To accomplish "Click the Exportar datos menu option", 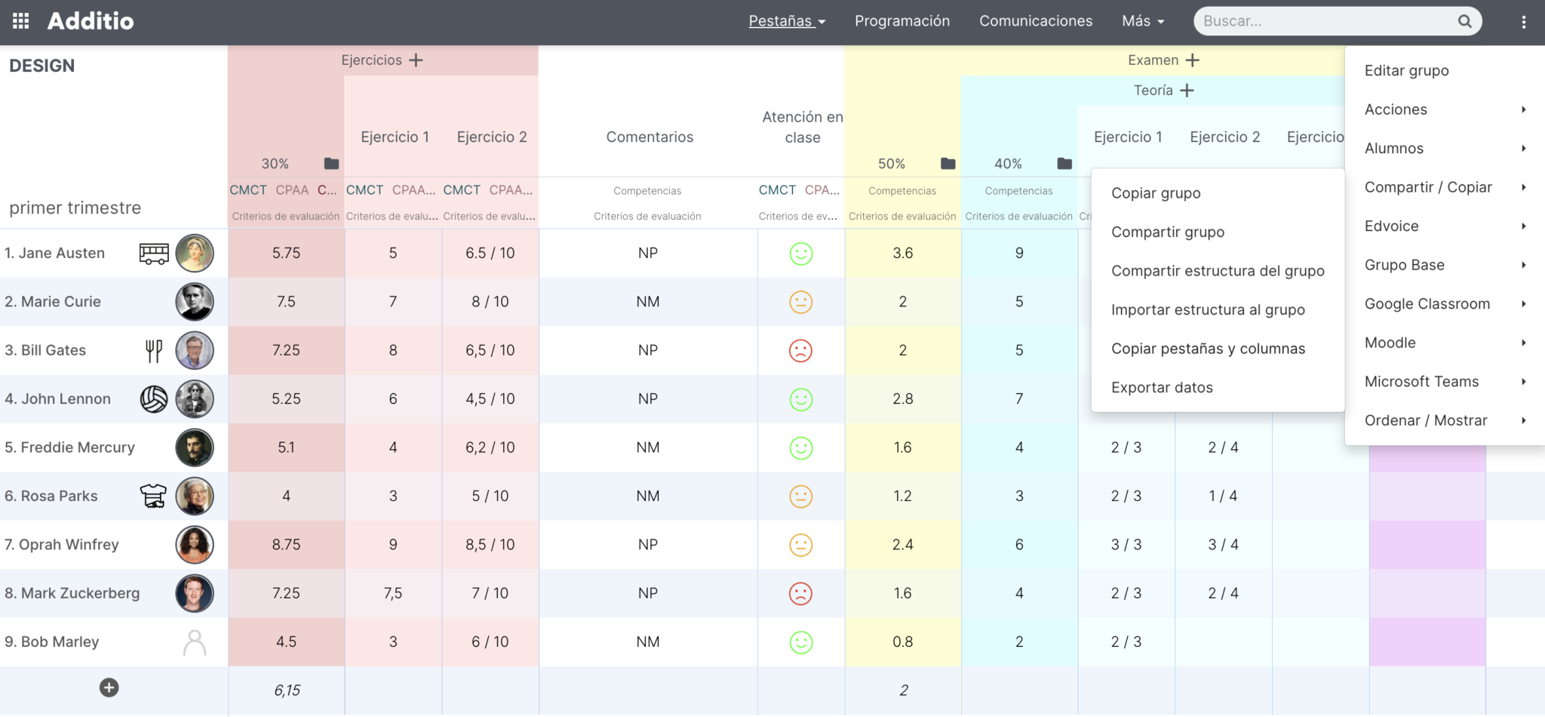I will [1162, 387].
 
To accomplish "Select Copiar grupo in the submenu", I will [1156, 193].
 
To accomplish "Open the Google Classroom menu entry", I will [1427, 303].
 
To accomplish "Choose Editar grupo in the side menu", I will [1406, 70].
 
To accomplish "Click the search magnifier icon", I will [1464, 21].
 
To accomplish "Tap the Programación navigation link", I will [902, 21].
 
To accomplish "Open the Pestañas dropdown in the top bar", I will [786, 21].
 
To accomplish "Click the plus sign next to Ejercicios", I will [416, 60].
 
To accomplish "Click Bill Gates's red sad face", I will [800, 350].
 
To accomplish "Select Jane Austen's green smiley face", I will [800, 254].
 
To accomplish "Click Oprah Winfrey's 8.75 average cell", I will [286, 544].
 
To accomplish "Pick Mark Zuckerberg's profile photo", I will [195, 593].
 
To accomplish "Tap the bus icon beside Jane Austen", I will [154, 254].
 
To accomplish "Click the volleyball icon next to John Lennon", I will [154, 399].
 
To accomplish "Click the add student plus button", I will [109, 688].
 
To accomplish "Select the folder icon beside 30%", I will [331, 164].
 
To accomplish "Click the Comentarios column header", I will [649, 137].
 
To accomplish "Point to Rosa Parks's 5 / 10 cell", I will [490, 496].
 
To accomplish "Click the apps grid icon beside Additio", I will [21, 21].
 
